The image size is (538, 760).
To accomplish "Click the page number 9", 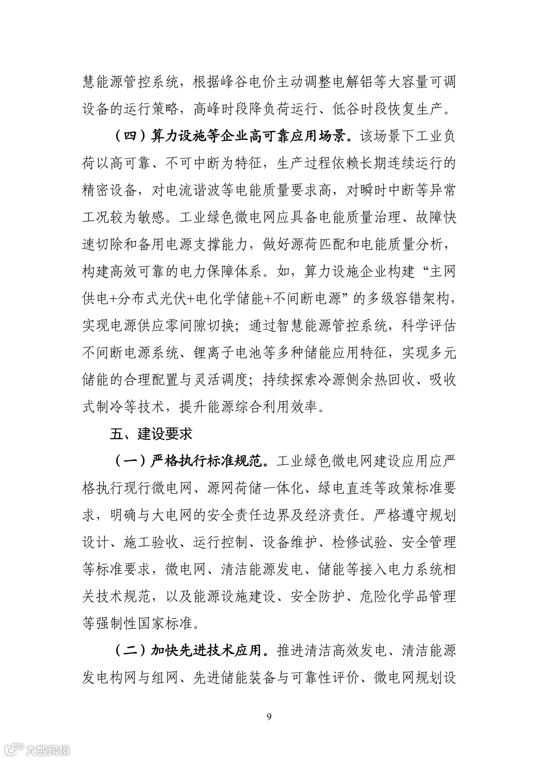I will coord(269,716).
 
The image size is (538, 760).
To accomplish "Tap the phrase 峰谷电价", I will coord(248,82).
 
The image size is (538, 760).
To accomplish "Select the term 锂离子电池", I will coord(227,353).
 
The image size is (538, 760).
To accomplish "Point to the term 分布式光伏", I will coord(151,299).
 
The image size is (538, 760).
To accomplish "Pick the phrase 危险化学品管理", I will coord(407,596).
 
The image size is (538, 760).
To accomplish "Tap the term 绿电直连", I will coord(345,488).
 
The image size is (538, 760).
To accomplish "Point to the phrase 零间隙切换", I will coord(199,326).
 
